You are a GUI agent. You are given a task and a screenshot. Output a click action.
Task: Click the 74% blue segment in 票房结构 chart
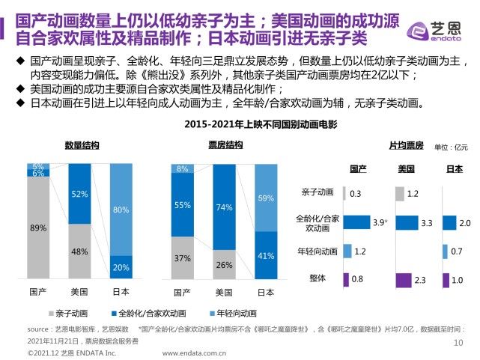pos(223,207)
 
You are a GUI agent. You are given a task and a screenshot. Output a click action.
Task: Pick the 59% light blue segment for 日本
pos(264,198)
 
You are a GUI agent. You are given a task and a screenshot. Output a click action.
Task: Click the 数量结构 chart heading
pos(79,145)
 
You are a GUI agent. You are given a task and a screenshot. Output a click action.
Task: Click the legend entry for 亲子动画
pos(74,312)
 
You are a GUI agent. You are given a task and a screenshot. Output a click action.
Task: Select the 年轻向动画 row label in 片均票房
pos(319,251)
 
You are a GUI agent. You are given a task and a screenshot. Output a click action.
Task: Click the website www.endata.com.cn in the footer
pos(195,353)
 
